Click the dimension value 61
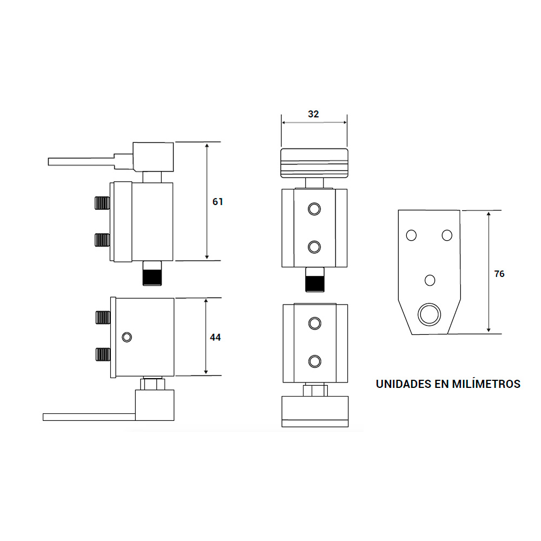217,201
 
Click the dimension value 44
215,338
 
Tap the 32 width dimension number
313,114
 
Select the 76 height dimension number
499,274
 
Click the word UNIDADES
404,384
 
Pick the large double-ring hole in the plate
429,314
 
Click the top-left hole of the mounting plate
411,235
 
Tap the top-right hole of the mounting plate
447,235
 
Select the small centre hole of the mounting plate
430,280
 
